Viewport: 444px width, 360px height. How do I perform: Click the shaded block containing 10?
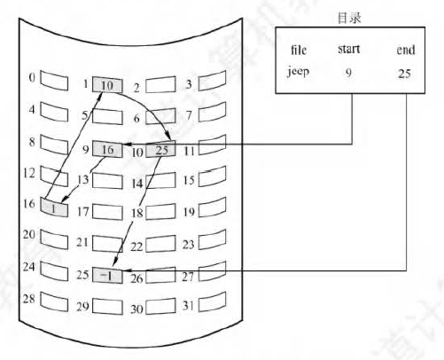[107, 85]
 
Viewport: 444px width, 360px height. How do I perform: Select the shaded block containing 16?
[107, 149]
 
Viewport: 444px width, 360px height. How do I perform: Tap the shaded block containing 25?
[161, 149]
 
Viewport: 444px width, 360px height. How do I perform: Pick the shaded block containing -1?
[107, 276]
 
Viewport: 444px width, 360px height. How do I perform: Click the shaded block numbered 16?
[54, 207]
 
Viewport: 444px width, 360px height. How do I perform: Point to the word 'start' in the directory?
[349, 49]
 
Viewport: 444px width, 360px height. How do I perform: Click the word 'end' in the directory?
[406, 50]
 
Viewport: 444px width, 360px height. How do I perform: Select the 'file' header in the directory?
[299, 50]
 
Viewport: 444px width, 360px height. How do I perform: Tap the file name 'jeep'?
[298, 72]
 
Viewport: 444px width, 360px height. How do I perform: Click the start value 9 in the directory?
[348, 73]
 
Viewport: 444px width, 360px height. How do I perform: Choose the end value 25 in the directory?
[404, 73]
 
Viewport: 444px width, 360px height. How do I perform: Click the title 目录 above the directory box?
[349, 18]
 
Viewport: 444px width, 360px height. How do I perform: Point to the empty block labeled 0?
[54, 80]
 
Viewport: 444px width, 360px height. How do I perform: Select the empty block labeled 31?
[213, 301]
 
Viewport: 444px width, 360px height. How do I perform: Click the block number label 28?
[29, 299]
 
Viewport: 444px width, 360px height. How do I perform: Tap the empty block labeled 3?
[213, 81]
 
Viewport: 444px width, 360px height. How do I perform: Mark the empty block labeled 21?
[107, 244]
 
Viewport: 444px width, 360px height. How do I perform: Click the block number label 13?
[83, 179]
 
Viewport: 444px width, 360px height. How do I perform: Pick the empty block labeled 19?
[213, 207]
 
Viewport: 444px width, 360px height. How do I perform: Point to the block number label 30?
[136, 309]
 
